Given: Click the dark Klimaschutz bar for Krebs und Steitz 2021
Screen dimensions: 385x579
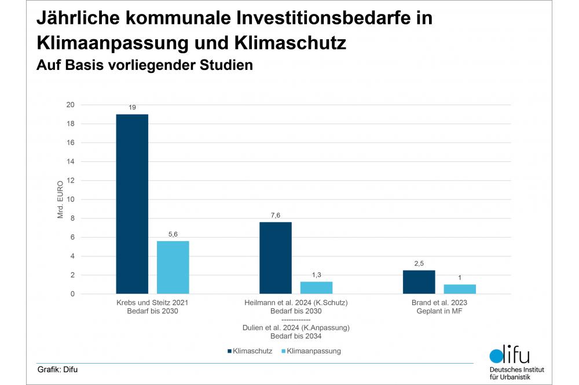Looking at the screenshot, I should click(132, 204).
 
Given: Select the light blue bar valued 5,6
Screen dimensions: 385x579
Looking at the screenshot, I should click(173, 267).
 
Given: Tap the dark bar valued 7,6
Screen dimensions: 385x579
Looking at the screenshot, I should click(276, 258).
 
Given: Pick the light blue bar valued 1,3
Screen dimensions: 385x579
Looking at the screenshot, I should click(316, 287).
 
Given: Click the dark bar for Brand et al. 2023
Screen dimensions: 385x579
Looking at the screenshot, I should click(419, 282).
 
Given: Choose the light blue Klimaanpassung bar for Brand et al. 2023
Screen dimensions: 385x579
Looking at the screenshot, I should click(460, 289).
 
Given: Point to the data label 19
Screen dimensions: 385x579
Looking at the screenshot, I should click(132, 108).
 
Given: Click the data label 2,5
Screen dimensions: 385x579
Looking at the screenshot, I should click(419, 264).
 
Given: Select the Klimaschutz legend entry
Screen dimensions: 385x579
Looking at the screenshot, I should click(248, 351).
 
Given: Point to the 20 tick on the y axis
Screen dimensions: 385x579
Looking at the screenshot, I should click(71, 105).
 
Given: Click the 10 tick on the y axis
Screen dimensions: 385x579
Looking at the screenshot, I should click(71, 199).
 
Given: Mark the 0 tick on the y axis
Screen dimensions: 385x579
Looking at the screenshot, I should click(72, 294).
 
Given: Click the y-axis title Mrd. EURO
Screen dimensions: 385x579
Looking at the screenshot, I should click(61, 199).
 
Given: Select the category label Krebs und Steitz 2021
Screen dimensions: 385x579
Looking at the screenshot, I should click(152, 302).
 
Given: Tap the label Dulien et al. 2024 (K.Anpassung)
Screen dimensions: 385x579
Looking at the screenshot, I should click(296, 328).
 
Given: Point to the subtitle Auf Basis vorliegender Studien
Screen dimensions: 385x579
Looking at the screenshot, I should click(145, 65).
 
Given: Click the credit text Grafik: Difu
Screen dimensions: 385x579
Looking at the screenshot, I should click(57, 369).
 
